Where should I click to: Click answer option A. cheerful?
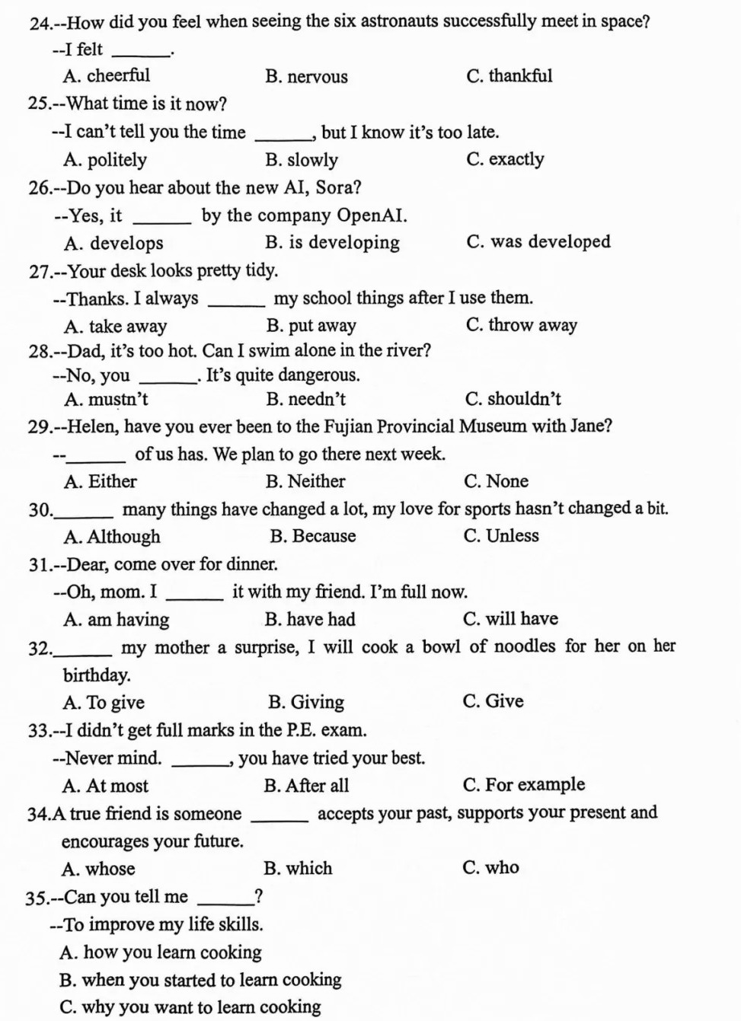[x=107, y=76]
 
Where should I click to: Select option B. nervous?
[x=306, y=77]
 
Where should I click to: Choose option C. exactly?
[x=505, y=159]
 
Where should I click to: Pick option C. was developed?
[x=538, y=242]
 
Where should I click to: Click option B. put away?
[x=311, y=326]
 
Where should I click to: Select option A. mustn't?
[x=106, y=400]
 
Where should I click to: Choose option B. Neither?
[x=305, y=481]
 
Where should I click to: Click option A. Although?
[x=112, y=537]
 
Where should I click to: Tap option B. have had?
[x=310, y=620]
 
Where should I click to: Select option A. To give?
[x=104, y=703]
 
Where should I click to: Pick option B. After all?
[x=306, y=786]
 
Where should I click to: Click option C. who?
[x=490, y=868]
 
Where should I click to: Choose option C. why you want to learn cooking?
[x=190, y=1007]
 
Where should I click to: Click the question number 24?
[x=39, y=22]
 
